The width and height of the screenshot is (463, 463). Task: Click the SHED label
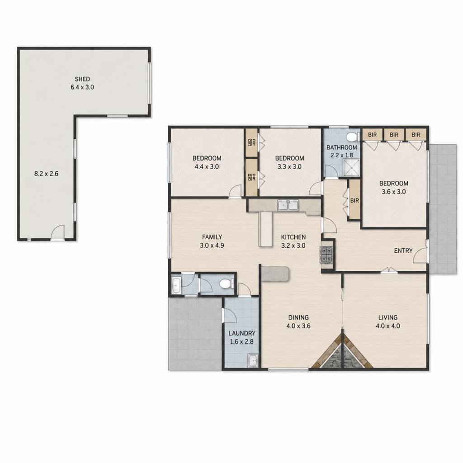(82, 79)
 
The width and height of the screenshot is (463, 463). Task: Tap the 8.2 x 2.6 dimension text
(47, 174)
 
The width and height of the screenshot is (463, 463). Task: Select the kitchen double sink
(288, 205)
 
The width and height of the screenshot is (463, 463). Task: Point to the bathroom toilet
(352, 137)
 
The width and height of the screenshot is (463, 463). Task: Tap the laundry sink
(253, 360)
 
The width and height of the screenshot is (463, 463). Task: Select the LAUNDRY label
(242, 333)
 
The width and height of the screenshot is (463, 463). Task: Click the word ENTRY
(403, 250)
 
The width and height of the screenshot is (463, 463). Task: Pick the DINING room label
(298, 317)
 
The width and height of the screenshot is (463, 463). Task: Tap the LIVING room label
(388, 317)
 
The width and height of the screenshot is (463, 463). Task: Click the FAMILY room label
(212, 237)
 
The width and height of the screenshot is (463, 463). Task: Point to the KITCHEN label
(293, 237)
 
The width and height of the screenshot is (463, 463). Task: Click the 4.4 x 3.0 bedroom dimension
(207, 166)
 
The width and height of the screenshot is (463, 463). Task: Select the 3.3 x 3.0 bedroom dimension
(289, 166)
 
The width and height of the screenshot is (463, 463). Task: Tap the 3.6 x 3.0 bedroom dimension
(394, 192)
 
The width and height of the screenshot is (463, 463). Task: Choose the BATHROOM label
(342, 147)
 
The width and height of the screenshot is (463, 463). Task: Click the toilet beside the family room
(226, 284)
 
